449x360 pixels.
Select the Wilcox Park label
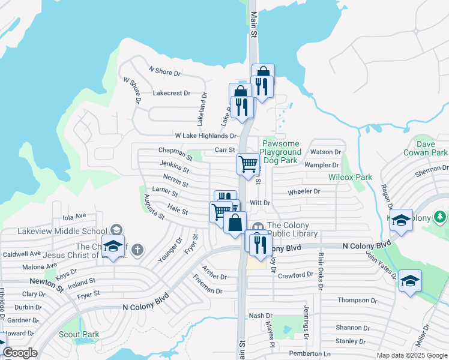[x=350, y=177]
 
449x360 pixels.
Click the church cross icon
[x=137, y=250]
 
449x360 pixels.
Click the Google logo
[x=20, y=353]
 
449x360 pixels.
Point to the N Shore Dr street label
[x=164, y=72]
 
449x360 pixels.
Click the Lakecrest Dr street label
[x=172, y=93]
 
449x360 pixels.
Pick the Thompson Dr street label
[x=357, y=300]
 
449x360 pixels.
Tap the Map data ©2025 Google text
[x=411, y=355]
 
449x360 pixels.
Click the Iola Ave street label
[x=74, y=215]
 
